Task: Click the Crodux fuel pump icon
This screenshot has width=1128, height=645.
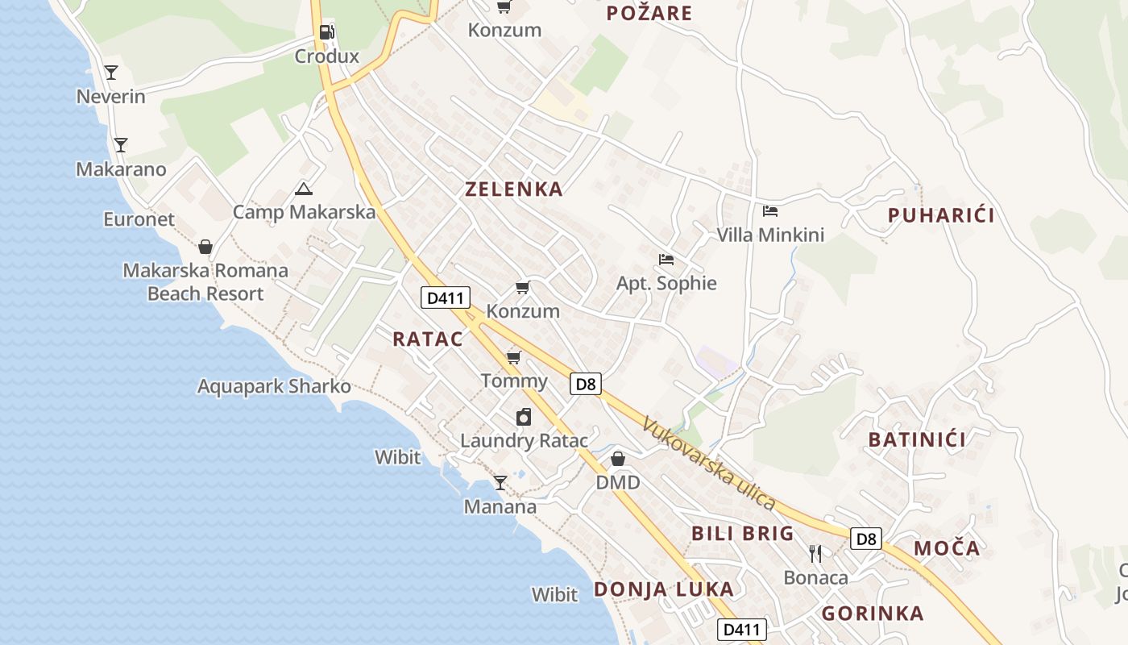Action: [x=326, y=32]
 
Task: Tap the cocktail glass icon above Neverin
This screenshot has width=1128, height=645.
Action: [x=111, y=73]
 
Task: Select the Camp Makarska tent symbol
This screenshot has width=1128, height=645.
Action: [x=303, y=189]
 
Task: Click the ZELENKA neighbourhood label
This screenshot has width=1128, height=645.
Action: [x=513, y=189]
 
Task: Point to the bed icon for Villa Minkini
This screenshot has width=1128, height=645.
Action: [x=770, y=211]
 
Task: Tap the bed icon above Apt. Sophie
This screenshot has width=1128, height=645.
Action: [x=666, y=260]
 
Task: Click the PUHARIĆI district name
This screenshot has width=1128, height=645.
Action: [x=940, y=215]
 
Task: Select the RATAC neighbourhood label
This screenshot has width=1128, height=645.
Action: [x=428, y=339]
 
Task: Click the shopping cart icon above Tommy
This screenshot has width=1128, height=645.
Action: [x=513, y=357]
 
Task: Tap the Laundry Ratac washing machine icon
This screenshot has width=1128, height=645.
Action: [x=524, y=417]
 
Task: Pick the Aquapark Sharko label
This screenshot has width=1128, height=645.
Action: [x=274, y=386]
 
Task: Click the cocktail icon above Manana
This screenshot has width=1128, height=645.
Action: [x=500, y=483]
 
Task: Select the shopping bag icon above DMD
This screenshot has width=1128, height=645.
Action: [x=617, y=459]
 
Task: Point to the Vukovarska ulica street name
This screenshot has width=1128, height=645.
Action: [x=709, y=463]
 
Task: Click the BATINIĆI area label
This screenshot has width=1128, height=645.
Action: [x=916, y=440]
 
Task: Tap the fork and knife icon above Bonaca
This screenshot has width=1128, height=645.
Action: [x=815, y=553]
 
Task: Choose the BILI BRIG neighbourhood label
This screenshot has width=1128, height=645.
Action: [x=742, y=534]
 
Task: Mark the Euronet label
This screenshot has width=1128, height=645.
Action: [x=139, y=219]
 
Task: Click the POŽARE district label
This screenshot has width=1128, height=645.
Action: [x=649, y=13]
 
